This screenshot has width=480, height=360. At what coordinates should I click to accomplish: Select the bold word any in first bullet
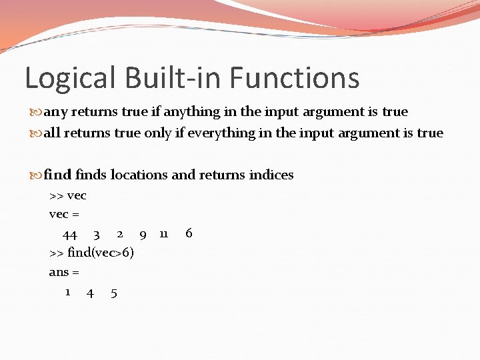(55, 112)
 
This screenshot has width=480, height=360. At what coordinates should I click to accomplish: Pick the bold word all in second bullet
(53, 133)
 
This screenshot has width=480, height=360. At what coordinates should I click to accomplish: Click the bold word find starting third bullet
(58, 175)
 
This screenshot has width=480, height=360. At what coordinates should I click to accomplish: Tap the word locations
(139, 175)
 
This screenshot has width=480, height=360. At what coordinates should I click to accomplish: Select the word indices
(271, 175)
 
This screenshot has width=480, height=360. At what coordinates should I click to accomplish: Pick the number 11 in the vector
(163, 233)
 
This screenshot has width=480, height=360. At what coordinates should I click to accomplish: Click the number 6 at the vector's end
(189, 233)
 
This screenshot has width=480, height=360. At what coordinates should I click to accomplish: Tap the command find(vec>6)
(91, 253)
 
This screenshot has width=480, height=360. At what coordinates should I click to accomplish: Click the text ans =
(64, 273)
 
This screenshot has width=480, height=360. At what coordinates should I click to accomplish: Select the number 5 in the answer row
(114, 293)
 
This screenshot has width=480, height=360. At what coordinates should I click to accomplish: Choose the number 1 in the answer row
(68, 292)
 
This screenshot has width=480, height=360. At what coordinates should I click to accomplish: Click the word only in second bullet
(157, 133)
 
